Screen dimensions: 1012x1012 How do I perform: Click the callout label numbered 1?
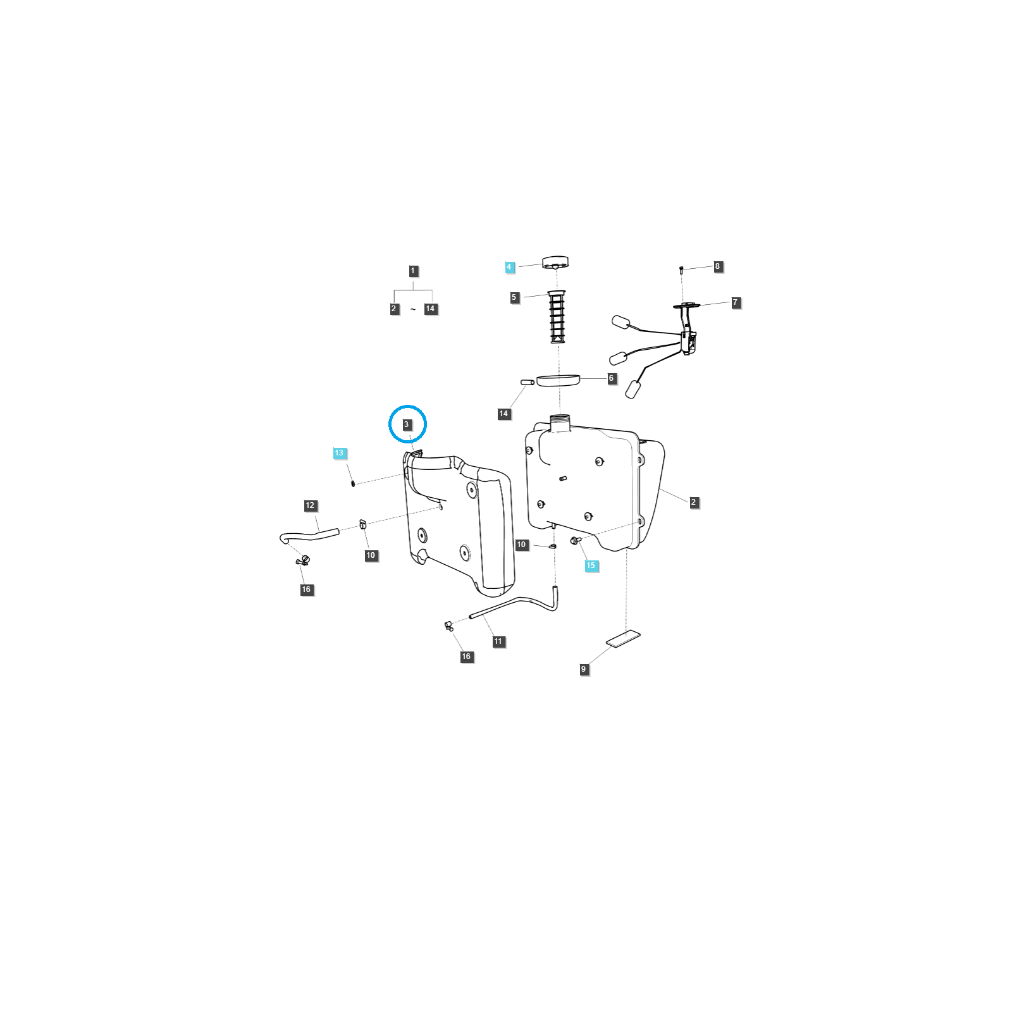click(413, 271)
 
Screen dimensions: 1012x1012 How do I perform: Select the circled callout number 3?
click(407, 424)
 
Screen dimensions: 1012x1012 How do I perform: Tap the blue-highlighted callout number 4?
click(509, 267)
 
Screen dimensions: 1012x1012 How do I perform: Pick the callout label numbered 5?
click(514, 297)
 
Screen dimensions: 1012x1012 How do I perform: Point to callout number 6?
click(611, 378)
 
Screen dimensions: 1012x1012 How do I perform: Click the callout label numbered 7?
click(736, 302)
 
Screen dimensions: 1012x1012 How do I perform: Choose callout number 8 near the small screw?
click(717, 266)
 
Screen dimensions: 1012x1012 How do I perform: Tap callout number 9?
click(584, 669)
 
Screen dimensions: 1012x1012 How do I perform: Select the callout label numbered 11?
click(498, 641)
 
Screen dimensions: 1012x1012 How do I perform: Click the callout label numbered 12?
click(310, 505)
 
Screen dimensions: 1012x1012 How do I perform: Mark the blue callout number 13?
click(339, 453)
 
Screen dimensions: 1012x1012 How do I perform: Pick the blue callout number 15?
click(591, 565)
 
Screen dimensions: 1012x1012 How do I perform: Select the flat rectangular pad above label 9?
click(623, 639)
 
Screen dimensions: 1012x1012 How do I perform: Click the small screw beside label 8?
click(681, 270)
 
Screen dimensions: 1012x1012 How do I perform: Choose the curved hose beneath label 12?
click(309, 536)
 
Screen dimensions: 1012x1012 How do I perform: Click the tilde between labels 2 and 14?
click(413, 309)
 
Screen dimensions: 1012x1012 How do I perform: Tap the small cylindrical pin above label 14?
click(528, 382)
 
